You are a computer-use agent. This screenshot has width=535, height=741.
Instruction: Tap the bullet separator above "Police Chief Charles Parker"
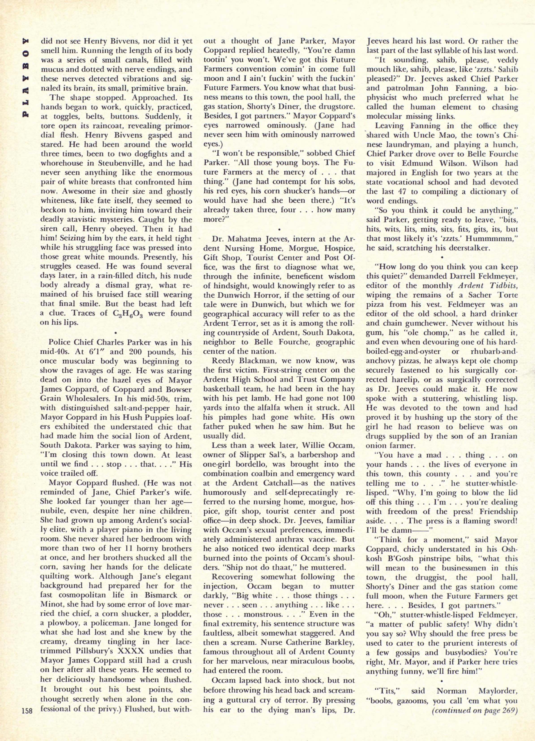pos(116,333)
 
